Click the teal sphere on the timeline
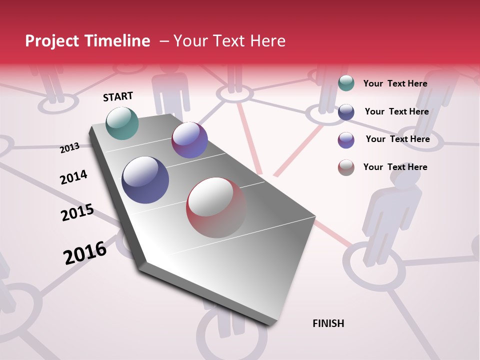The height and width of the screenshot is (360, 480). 122,123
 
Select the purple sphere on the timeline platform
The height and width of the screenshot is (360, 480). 189,140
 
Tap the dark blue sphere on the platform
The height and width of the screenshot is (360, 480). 145,180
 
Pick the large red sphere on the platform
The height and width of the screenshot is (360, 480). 216,207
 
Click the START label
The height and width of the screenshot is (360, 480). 118,96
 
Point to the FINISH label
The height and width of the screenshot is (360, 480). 328,323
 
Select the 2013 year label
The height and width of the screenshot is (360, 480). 70,148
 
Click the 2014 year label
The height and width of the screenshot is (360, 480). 73,177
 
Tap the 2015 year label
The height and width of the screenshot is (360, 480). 77,212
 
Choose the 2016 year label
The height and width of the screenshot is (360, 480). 85,252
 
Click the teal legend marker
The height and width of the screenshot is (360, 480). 346,83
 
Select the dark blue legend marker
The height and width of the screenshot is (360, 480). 346,112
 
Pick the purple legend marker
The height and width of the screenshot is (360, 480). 346,140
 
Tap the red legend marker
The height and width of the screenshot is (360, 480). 346,167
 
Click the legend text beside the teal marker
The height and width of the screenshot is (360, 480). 395,83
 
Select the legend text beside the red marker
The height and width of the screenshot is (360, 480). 395,167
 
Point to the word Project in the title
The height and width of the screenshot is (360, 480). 52,41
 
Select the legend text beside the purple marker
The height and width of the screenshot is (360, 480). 397,139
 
